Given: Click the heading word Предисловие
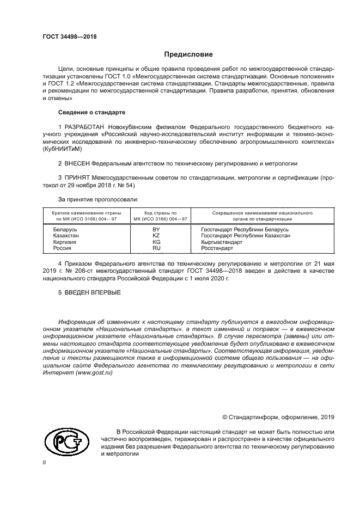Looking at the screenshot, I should pyautogui.click(x=188, y=54).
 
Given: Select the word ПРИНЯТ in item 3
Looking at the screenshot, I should pyautogui.click(x=76, y=177).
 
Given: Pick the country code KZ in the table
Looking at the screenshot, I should pyautogui.click(x=156, y=236).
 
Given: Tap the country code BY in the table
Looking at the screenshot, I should pyautogui.click(x=156, y=230).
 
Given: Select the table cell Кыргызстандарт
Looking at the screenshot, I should pyautogui.click(x=222, y=242).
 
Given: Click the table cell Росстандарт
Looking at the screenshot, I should pyautogui.click(x=217, y=248).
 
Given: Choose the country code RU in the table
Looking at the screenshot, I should pyautogui.click(x=156, y=248).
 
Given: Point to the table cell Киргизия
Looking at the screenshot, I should pyautogui.click(x=65, y=242).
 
